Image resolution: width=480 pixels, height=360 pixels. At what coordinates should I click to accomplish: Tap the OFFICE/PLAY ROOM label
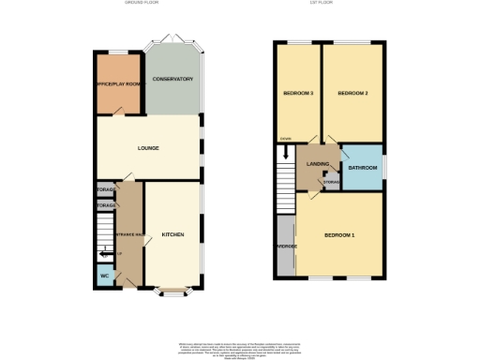[x=119, y=85]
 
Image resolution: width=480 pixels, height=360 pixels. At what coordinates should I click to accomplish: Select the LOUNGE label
[x=148, y=148]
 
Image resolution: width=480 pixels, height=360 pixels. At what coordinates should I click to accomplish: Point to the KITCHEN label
[x=173, y=233]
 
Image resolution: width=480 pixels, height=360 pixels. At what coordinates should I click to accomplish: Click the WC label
[x=105, y=277]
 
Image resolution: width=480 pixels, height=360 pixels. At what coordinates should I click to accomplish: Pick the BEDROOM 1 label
[x=339, y=233]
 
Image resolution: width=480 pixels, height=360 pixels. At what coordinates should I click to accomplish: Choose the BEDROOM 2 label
[x=352, y=93]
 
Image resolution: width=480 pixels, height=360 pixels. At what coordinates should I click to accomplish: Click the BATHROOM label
[x=362, y=168]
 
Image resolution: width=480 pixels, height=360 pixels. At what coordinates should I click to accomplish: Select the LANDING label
[x=317, y=163]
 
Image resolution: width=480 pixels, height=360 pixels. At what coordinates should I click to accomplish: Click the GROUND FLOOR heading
[x=142, y=4]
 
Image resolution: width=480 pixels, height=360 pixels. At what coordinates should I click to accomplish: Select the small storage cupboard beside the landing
[x=331, y=181]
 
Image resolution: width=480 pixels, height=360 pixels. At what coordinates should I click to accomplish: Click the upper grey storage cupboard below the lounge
[x=105, y=190]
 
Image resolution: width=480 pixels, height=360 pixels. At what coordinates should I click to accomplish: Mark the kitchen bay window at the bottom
[x=172, y=289]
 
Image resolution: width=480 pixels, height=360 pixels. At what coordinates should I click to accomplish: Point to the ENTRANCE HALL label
[x=128, y=234]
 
